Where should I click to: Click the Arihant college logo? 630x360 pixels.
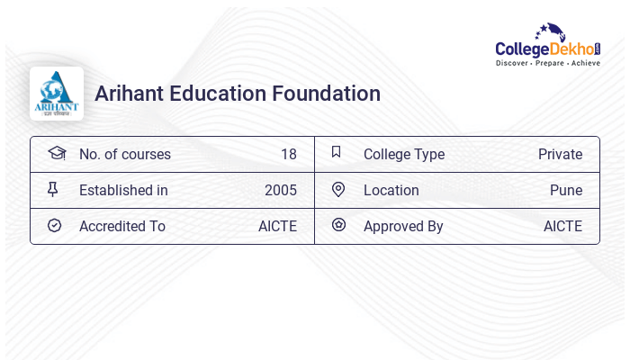tap(57, 94)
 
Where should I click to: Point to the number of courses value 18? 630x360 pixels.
tap(288, 154)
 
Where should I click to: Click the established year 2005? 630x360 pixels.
tap(280, 190)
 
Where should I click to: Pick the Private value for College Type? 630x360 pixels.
tap(560, 154)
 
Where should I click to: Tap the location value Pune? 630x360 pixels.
tap(566, 190)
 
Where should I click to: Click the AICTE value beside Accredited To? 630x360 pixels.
tap(277, 226)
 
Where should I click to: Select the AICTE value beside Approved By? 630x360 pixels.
tap(562, 226)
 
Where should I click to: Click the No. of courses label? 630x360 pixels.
tap(124, 154)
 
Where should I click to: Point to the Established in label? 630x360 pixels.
tap(123, 190)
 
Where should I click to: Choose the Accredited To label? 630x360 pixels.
tap(121, 226)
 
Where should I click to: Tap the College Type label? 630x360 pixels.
tap(403, 154)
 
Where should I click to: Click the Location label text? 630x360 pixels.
tap(391, 190)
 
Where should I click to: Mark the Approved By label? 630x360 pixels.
tap(403, 226)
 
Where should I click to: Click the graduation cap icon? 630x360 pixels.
tap(56, 153)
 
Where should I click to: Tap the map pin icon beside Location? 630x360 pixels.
tap(338, 189)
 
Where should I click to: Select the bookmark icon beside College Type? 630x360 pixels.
tap(337, 152)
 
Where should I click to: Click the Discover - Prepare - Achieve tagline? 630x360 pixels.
tap(547, 63)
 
